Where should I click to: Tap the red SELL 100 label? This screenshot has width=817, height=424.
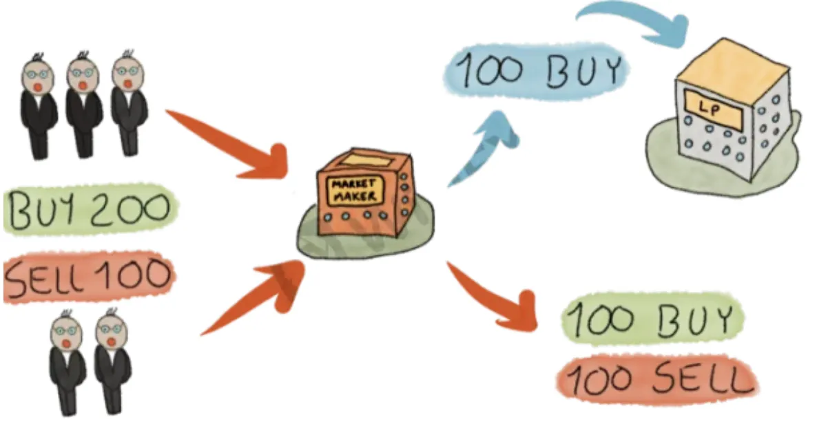[x=89, y=277]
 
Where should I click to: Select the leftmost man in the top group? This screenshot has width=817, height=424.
[x=38, y=106]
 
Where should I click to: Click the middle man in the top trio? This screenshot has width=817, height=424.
[x=83, y=104]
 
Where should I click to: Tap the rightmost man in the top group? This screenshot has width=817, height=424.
[x=129, y=103]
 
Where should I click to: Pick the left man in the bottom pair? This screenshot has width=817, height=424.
[x=67, y=362]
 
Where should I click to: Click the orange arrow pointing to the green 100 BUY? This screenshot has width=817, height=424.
[x=493, y=296]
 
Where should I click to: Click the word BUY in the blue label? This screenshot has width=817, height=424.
[x=583, y=71]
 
